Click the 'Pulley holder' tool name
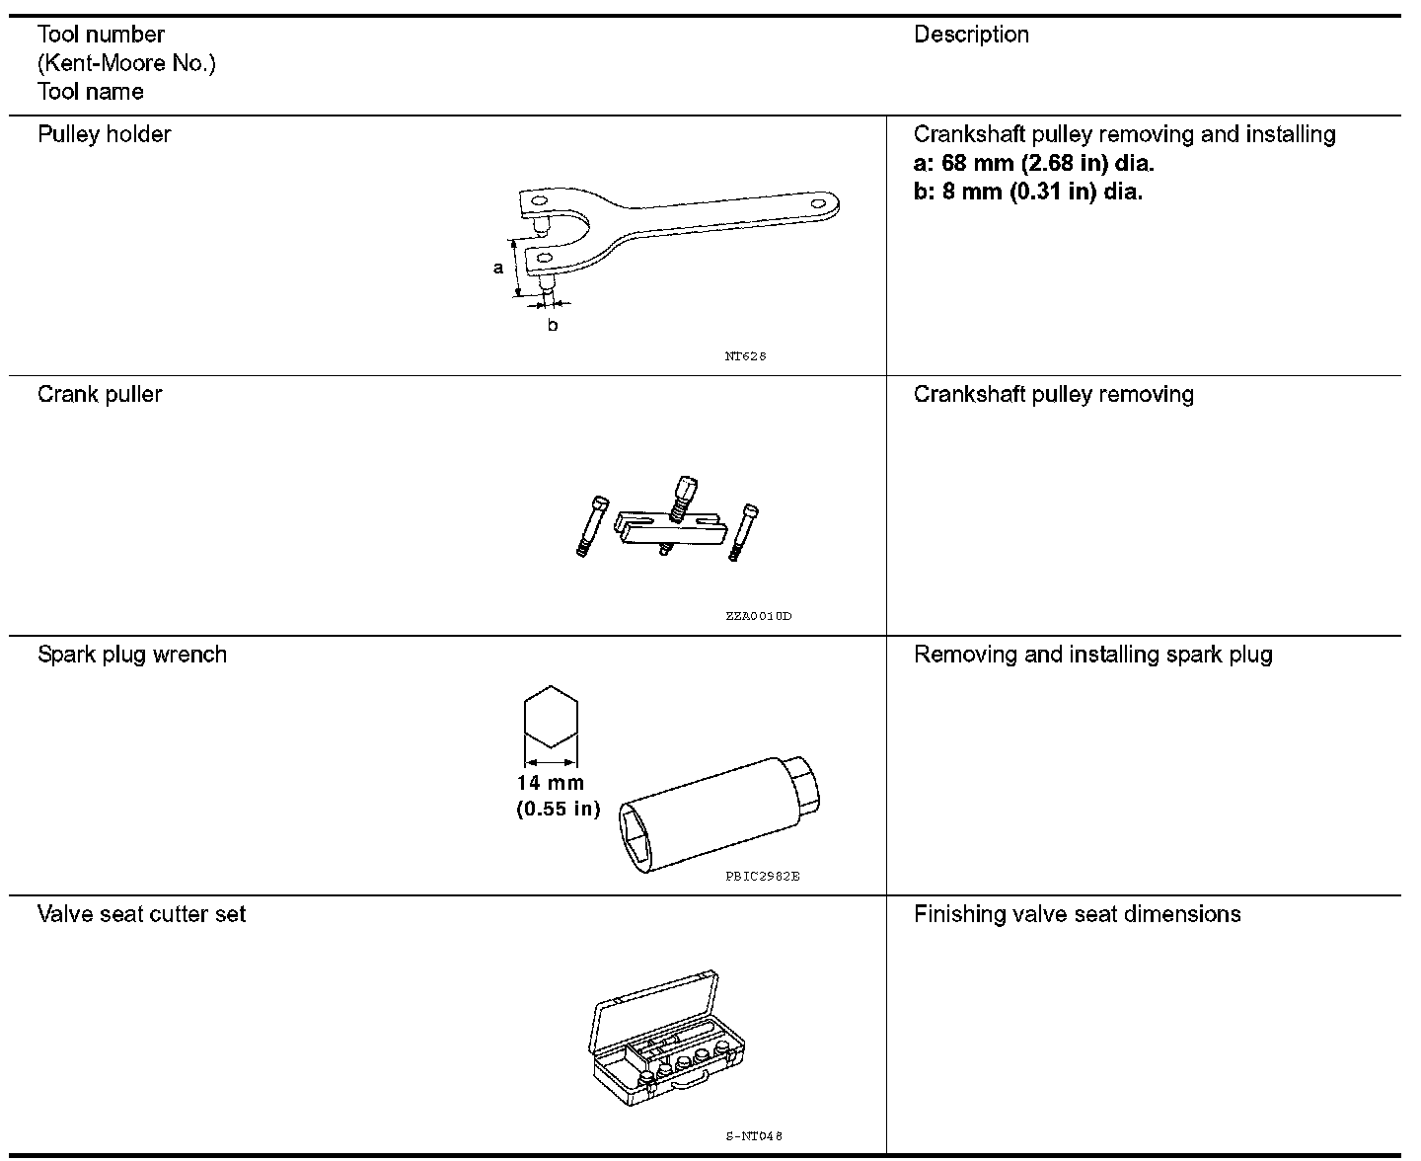click(104, 134)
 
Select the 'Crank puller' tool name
click(100, 394)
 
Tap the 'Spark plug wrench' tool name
click(132, 655)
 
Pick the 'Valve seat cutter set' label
click(141, 914)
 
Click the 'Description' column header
click(971, 35)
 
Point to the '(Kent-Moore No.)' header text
click(126, 63)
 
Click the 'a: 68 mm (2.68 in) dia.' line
click(1033, 163)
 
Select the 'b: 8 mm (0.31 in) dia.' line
click(1027, 192)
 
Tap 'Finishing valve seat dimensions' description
click(1077, 914)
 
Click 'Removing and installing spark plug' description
click(1092, 655)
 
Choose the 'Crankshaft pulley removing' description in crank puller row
click(1053, 394)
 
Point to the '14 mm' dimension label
click(550, 783)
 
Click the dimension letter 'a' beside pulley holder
click(498, 268)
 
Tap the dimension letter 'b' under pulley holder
click(552, 325)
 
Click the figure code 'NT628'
click(745, 356)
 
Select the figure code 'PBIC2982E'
click(762, 876)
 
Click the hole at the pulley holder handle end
click(817, 203)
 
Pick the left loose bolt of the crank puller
click(590, 527)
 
